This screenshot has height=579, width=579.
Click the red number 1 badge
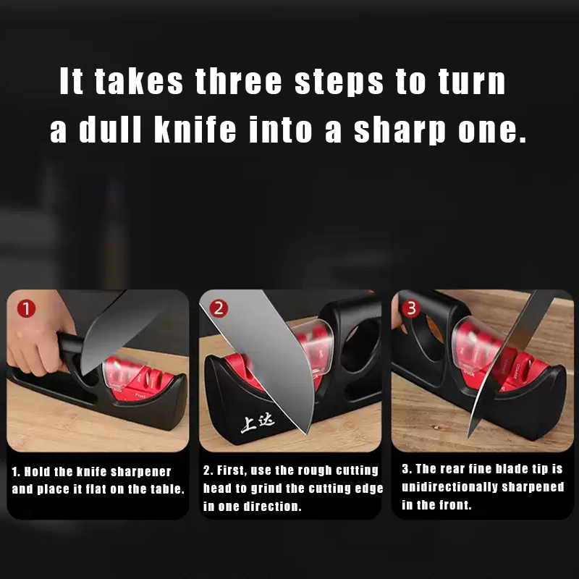[x=26, y=308]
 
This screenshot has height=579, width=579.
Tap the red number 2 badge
[x=219, y=308]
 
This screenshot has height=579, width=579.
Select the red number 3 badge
[x=411, y=308]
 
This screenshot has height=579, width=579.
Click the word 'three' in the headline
[x=239, y=81]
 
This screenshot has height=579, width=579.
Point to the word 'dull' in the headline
[x=110, y=130]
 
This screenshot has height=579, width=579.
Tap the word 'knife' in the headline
[x=195, y=130]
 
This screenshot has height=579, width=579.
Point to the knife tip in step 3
[x=469, y=437]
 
